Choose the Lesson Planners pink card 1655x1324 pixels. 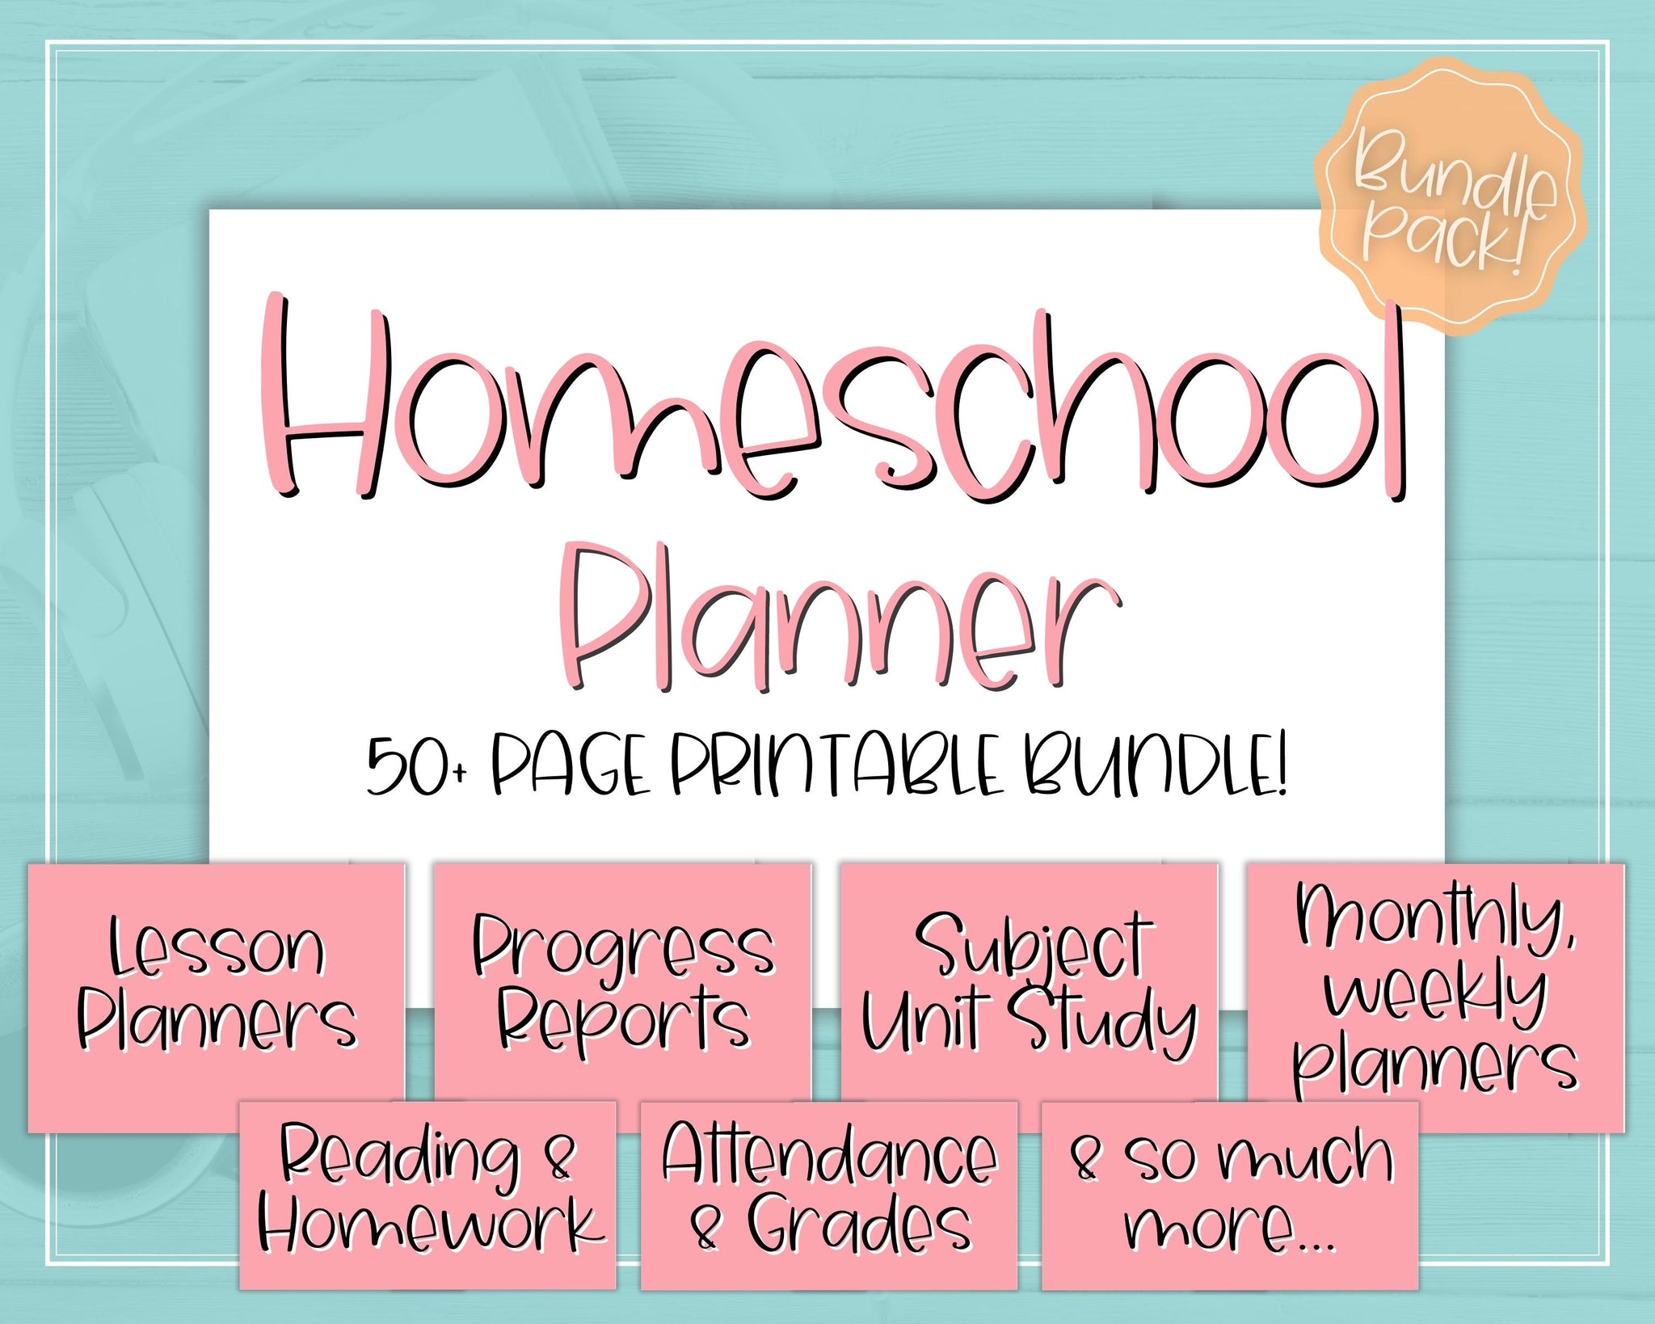pyautogui.click(x=217, y=997)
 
